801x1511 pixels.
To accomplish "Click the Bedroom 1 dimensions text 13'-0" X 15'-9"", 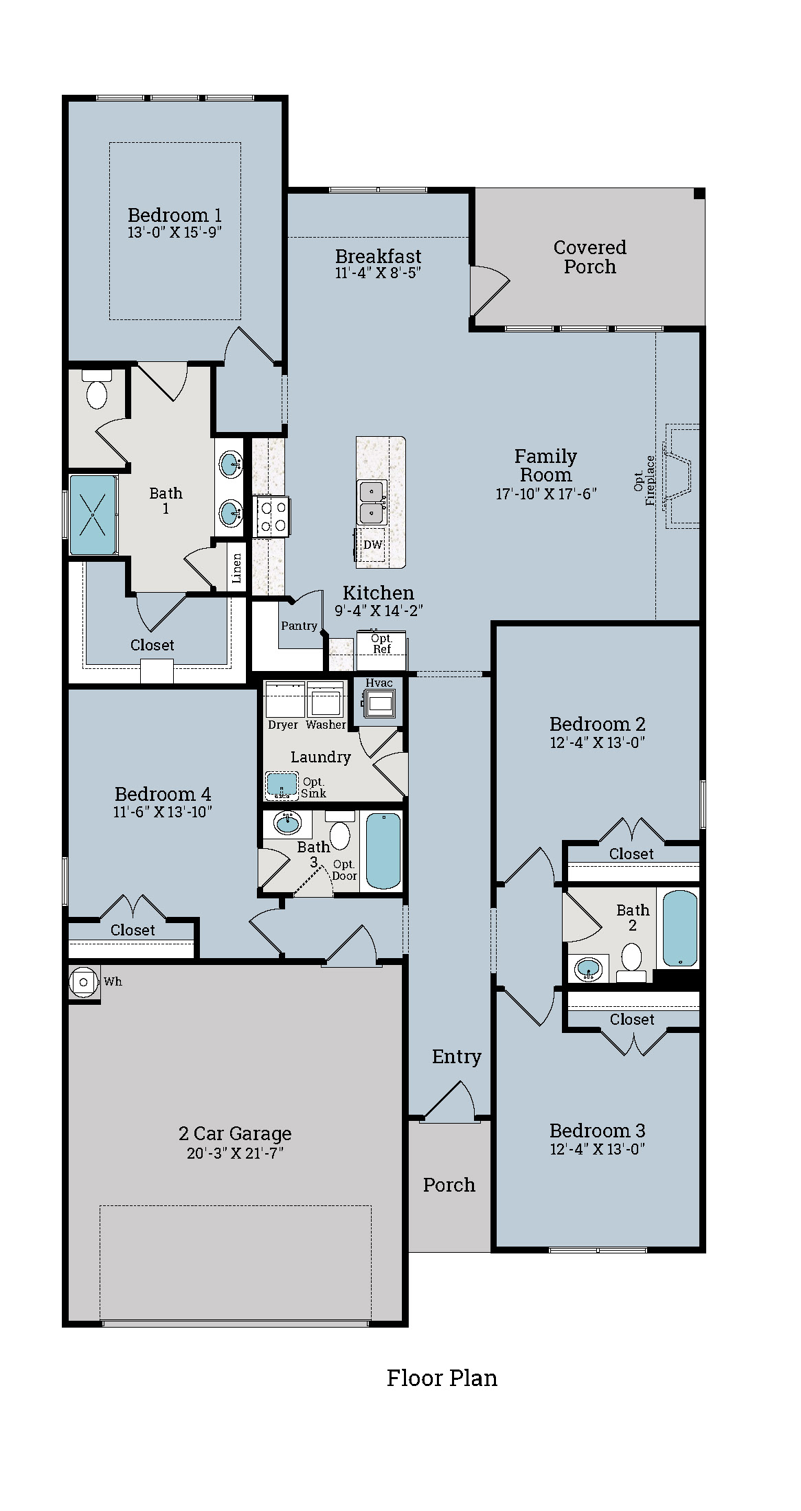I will click(174, 233).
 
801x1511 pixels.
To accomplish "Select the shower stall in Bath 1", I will click(92, 514).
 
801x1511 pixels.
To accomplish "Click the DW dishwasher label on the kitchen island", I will click(372, 545).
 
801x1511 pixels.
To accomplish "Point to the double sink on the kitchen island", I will click(372, 502).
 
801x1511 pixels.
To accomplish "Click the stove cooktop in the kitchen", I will click(272, 516).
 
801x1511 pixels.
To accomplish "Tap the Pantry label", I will click(299, 626).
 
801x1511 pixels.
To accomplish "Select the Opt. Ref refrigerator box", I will click(381, 645).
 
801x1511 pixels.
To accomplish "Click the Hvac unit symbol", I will click(379, 703).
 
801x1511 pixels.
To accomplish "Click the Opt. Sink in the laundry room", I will click(282, 784).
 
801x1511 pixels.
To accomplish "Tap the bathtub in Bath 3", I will click(383, 850).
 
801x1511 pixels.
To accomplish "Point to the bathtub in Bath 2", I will click(680, 929).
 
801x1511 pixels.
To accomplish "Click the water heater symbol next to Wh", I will click(84, 982).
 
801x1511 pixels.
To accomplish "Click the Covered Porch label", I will click(589, 257).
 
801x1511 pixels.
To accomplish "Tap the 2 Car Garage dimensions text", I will click(235, 1153).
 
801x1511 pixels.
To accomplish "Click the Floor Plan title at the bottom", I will click(442, 1378).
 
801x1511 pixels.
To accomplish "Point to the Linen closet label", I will click(237, 569).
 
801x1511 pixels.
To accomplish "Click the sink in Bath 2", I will click(588, 969).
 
